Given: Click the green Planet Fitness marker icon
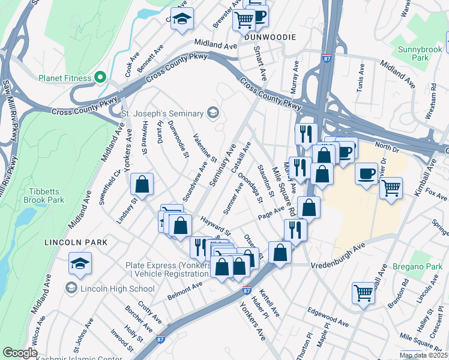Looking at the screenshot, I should coord(100,78).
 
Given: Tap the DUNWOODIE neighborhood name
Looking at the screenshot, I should coord(270,37).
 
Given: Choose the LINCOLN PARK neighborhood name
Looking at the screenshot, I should coord(76,242).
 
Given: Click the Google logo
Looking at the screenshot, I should coord(20,353).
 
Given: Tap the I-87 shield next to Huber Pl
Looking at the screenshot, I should coord(247,290).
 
